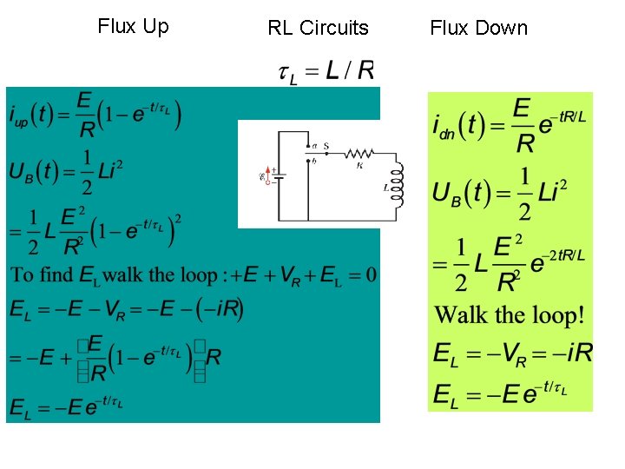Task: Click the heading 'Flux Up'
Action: (x=133, y=26)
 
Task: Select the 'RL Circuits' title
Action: (x=318, y=28)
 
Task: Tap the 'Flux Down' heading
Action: (x=478, y=28)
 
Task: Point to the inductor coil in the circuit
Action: (x=398, y=183)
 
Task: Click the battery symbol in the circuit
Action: (x=279, y=176)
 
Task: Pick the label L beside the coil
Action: (x=385, y=187)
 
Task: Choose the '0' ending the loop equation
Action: (x=371, y=275)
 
